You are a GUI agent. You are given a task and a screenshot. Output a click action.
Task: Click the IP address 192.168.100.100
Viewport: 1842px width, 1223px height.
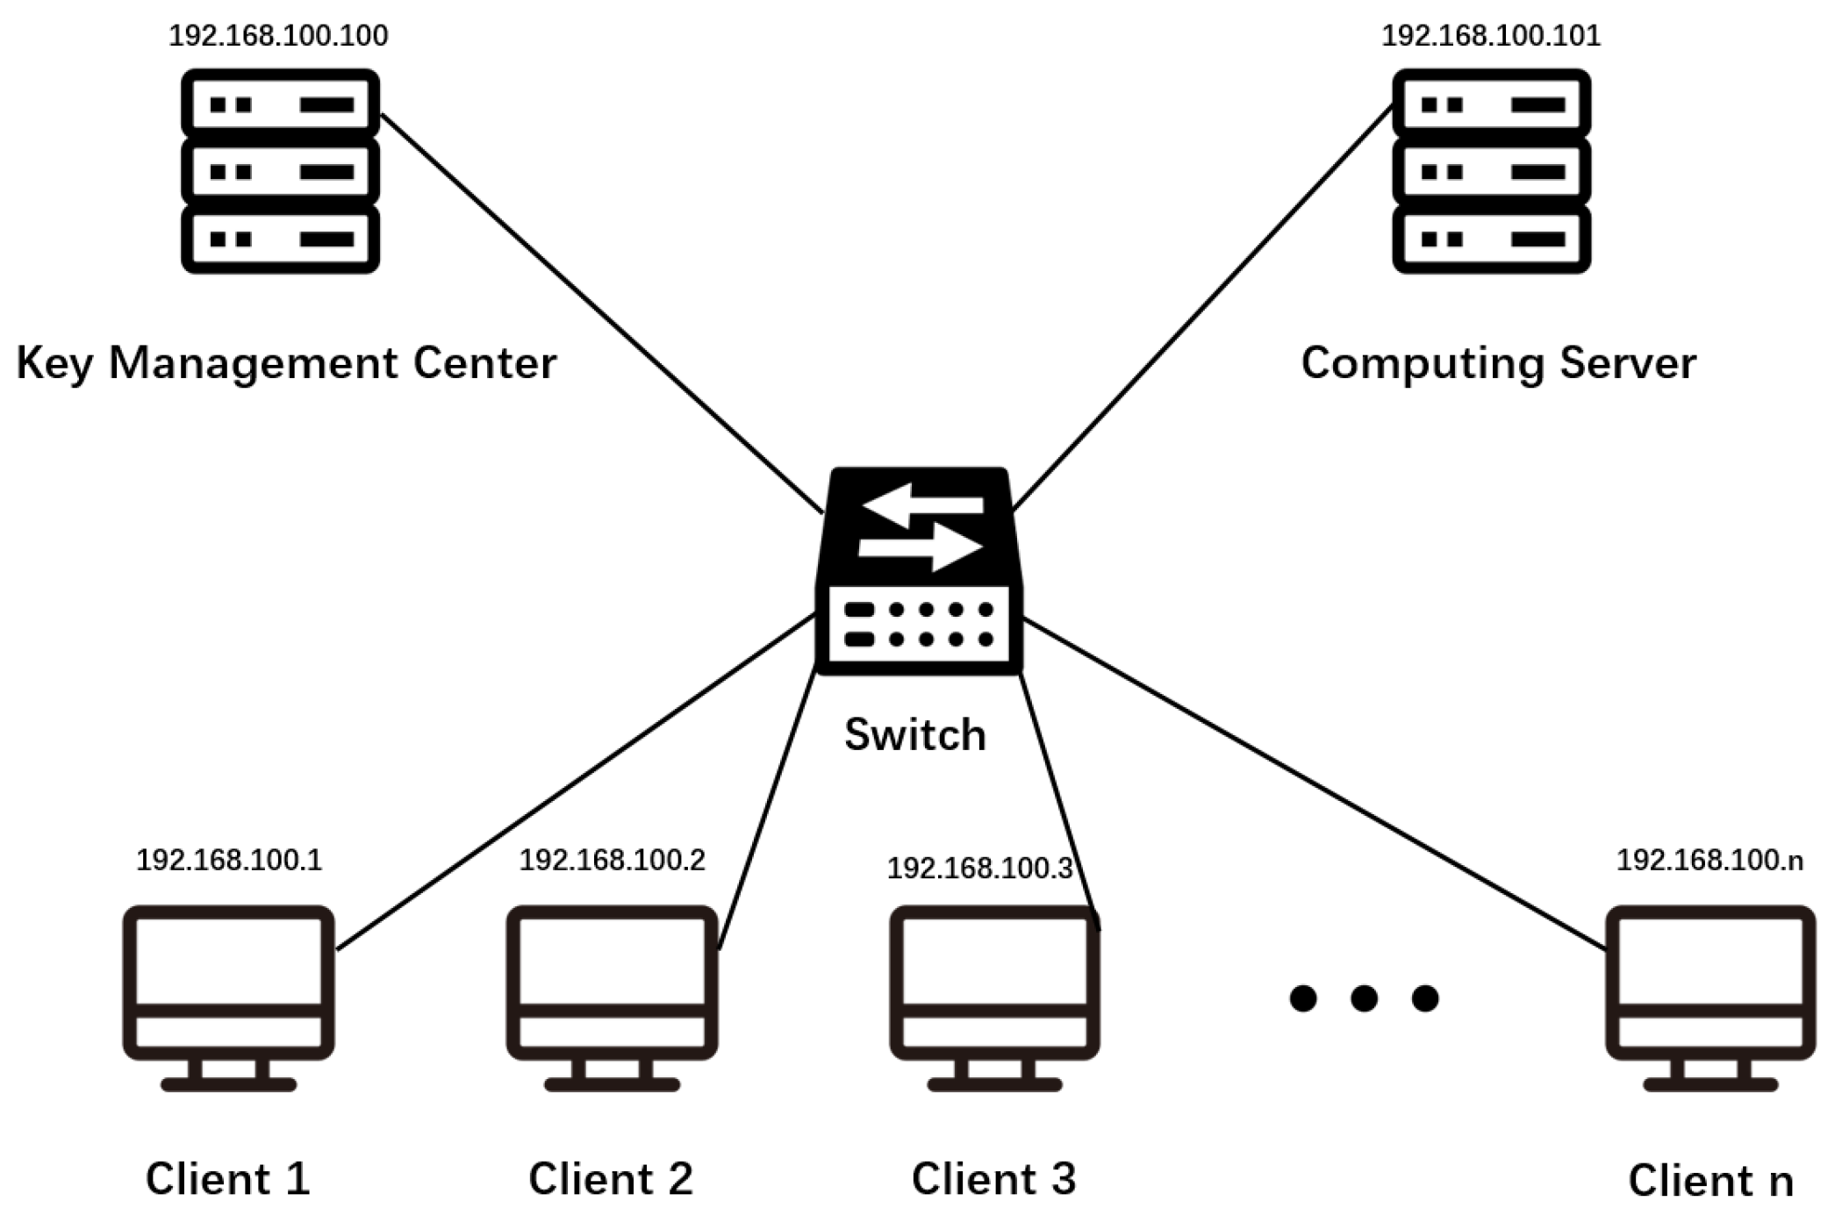pos(278,35)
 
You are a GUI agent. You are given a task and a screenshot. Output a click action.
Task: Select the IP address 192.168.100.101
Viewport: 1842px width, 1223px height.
pos(1491,35)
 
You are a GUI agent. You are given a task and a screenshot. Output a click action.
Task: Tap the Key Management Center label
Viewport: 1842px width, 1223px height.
pos(286,363)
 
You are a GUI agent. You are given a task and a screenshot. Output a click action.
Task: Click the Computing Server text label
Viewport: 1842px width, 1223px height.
pos(1498,363)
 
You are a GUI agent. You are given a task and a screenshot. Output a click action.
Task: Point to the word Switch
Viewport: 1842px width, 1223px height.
pos(914,734)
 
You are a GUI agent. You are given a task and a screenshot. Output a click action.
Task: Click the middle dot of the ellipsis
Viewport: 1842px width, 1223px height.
pos(1364,998)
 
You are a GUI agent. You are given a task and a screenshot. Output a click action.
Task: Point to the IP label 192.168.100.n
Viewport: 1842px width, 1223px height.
pos(1709,860)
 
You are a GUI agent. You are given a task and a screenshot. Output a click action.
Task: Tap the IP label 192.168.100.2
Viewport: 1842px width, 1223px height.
pos(612,860)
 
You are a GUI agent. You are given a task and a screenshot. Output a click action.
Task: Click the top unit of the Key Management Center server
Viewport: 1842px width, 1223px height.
pos(280,104)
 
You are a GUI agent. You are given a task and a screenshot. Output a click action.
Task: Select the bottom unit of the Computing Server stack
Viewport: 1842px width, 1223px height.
pos(1491,239)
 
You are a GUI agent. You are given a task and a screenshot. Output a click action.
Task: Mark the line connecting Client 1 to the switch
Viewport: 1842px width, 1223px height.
pos(575,781)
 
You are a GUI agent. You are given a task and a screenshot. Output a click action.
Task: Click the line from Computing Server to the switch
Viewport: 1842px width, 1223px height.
pos(1202,307)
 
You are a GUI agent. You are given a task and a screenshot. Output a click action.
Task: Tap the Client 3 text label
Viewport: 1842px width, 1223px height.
pos(993,1178)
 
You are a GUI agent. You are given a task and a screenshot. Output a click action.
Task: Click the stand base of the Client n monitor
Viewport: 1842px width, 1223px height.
pos(1709,1085)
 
